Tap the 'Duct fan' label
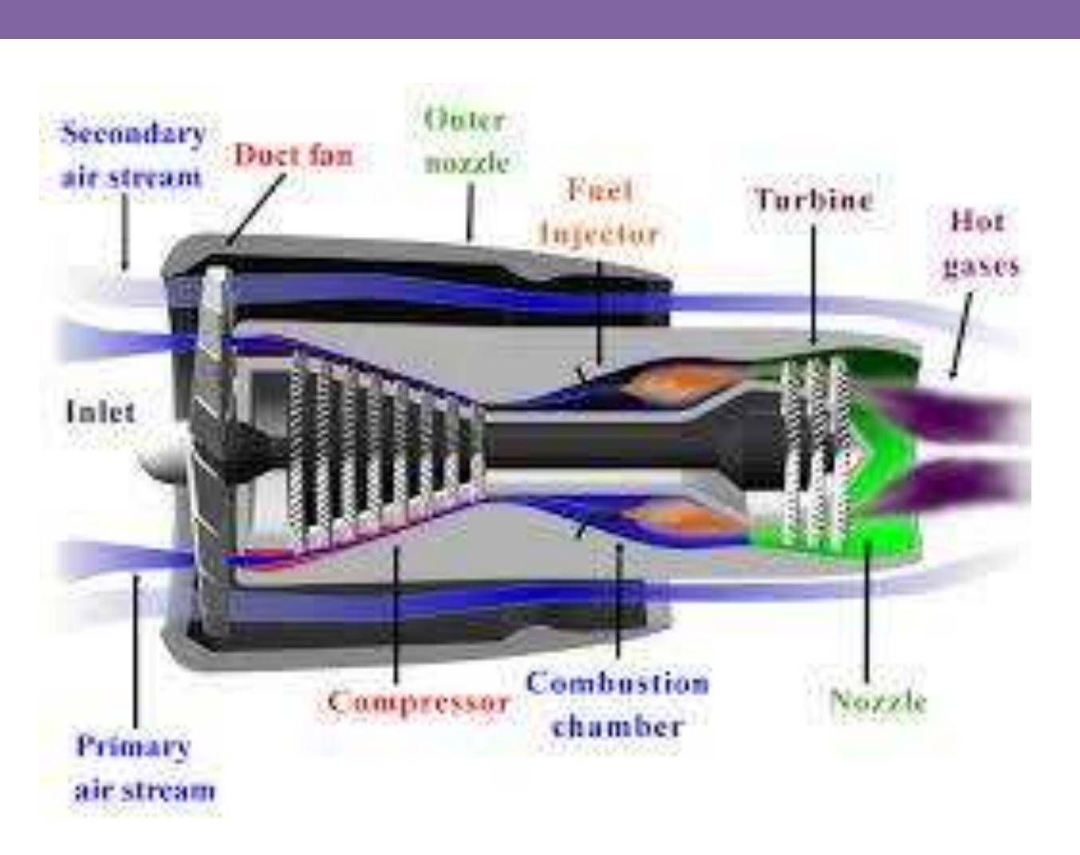point(294,155)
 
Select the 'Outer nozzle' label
point(467,141)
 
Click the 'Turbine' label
point(814,199)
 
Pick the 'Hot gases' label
point(980,244)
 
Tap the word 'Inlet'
point(101,412)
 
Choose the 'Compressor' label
point(419,702)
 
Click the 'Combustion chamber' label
point(618,704)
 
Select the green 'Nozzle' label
point(877,701)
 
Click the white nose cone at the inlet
point(160,455)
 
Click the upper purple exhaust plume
point(948,412)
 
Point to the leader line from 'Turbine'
point(814,284)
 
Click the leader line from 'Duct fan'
point(257,209)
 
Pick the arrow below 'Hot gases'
point(960,335)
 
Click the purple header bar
point(540,19)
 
